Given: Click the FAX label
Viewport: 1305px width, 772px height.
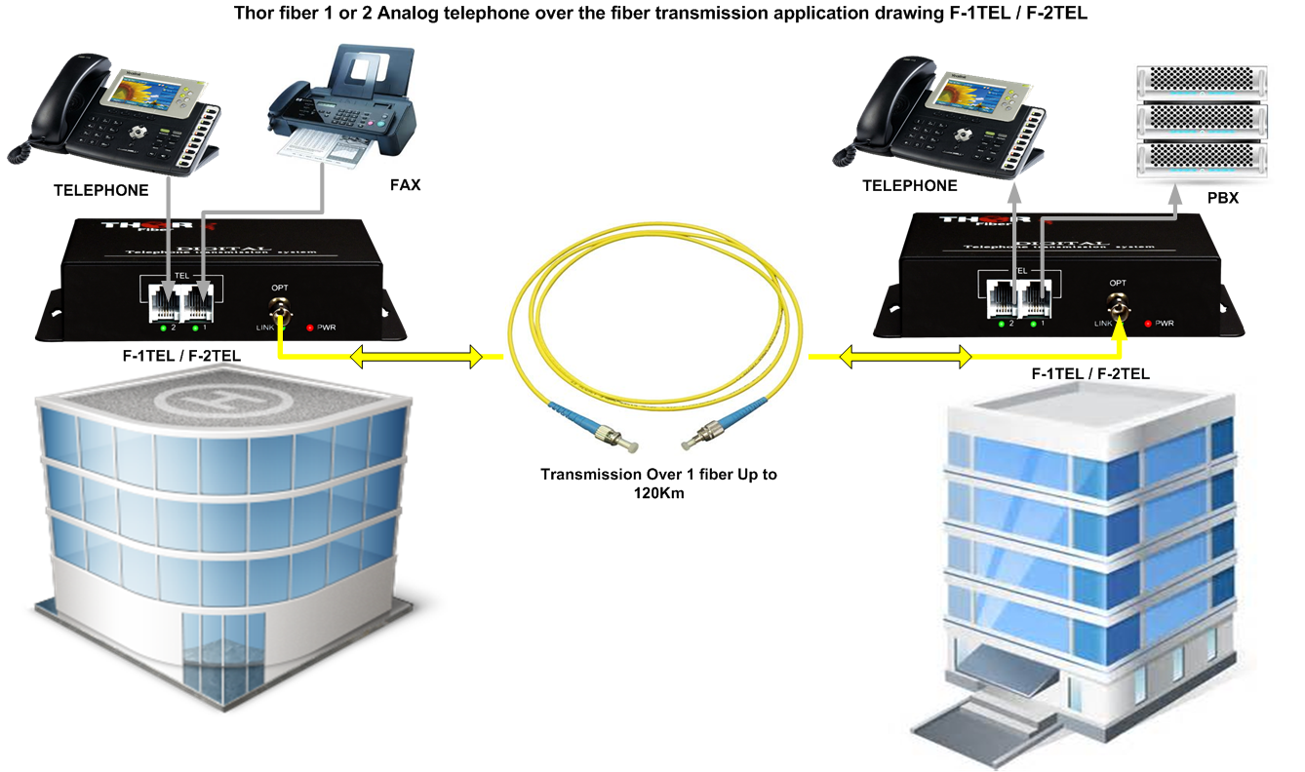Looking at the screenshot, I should point(405,184).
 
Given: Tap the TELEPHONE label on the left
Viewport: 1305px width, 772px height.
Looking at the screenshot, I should point(101,190).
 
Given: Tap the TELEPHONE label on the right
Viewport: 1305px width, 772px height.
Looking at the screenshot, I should point(910,185).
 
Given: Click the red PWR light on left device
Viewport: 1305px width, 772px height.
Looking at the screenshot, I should point(310,327).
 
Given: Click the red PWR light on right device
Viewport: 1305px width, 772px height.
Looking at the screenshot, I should point(1148,323).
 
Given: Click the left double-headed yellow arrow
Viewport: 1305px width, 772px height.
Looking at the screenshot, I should point(416,358).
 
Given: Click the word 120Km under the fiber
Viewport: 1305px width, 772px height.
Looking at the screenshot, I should point(659,494).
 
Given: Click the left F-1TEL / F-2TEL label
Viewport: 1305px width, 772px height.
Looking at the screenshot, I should point(181,357).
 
